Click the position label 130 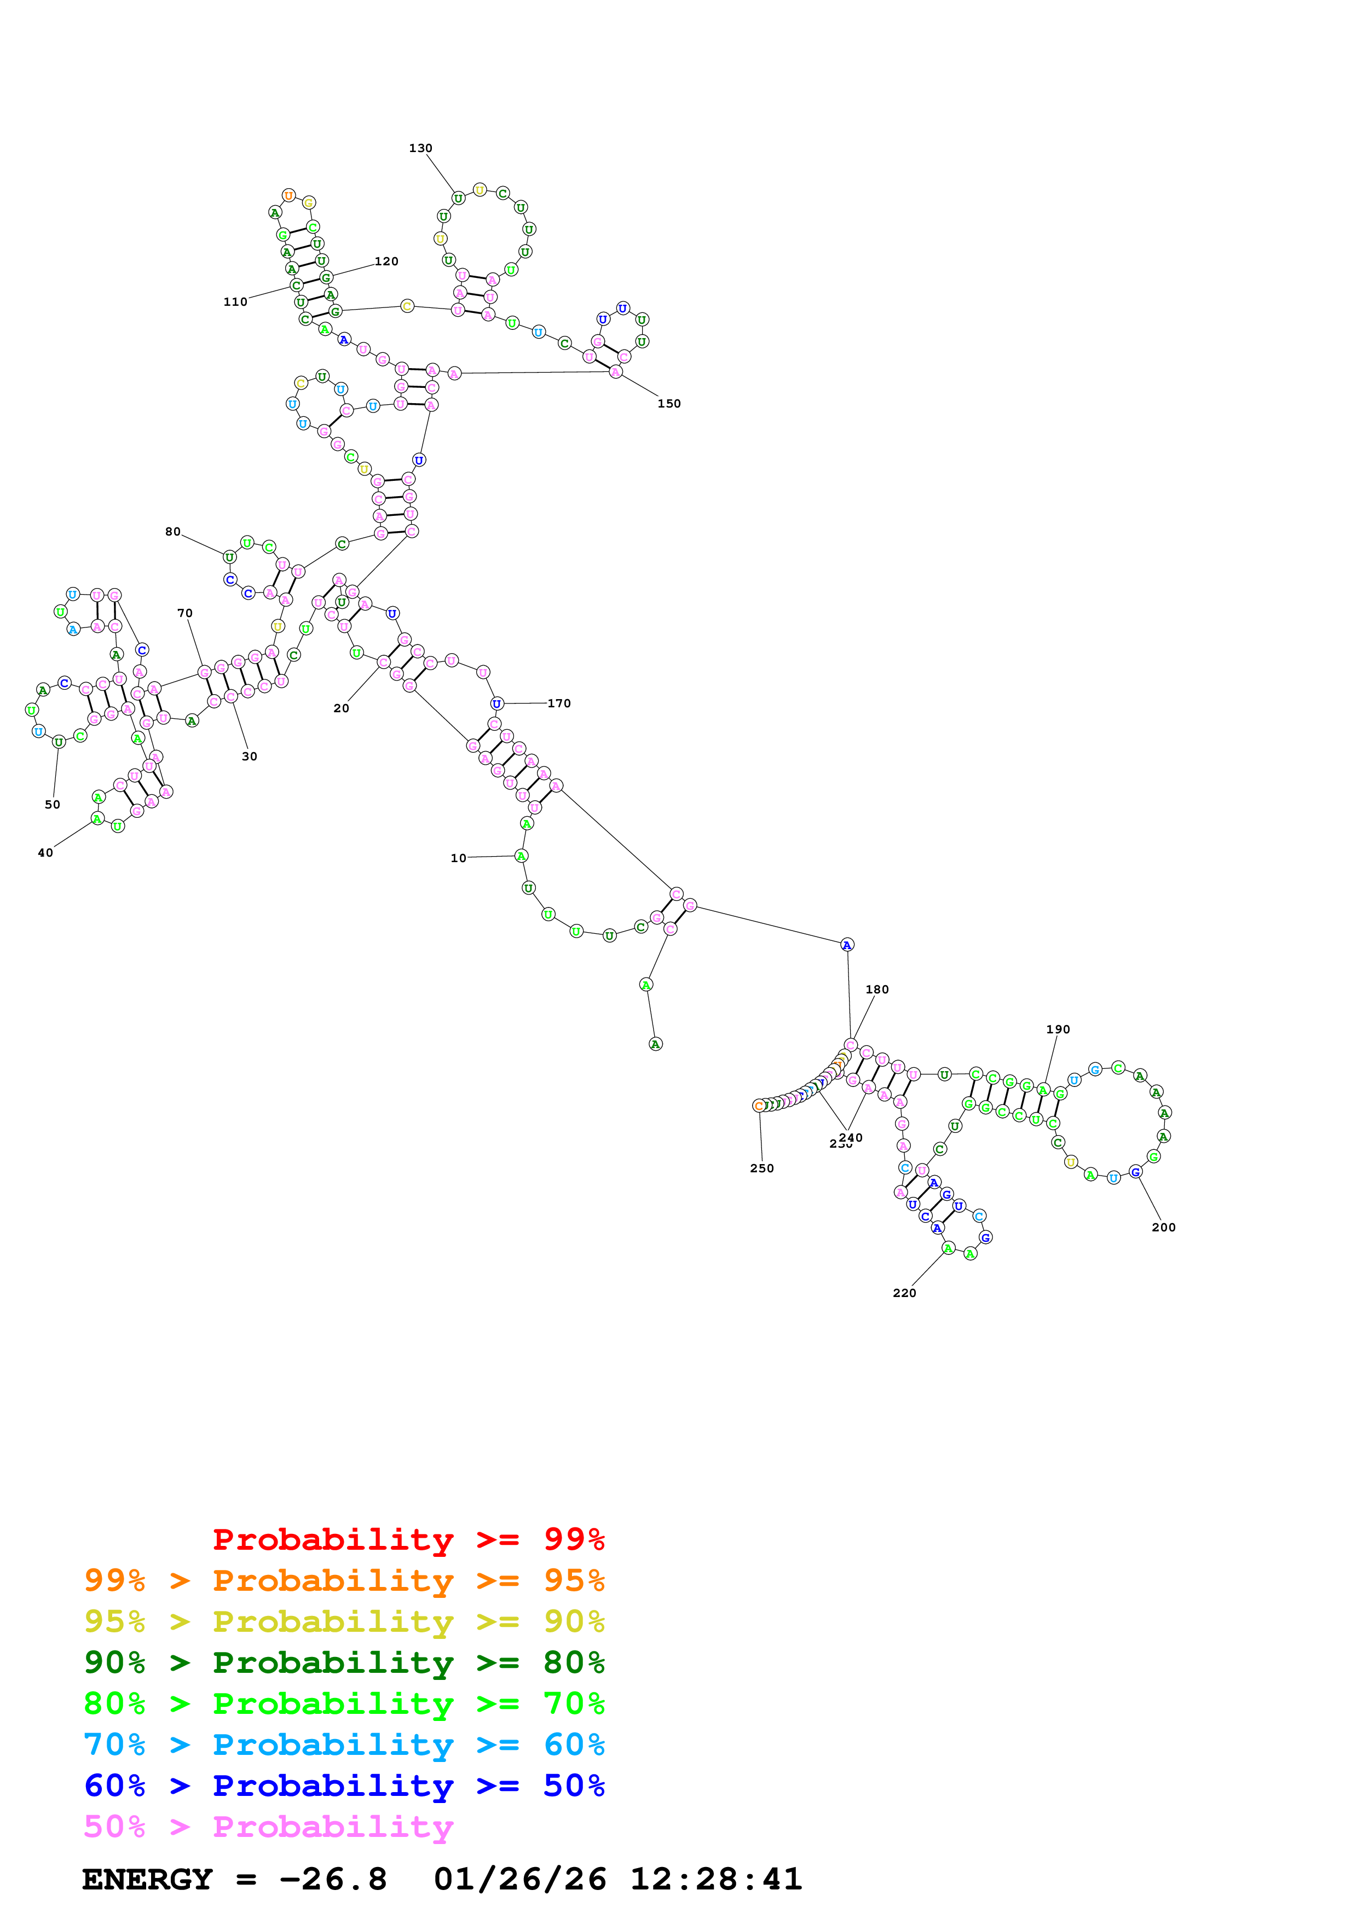click(420, 148)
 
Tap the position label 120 click(386, 261)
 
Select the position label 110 click(235, 302)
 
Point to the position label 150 click(669, 404)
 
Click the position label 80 click(172, 532)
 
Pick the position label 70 click(185, 613)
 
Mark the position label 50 click(53, 805)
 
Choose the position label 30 click(249, 757)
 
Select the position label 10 click(458, 858)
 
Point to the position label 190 click(1058, 1029)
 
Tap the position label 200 click(1163, 1227)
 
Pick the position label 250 click(761, 1168)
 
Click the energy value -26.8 click(333, 1879)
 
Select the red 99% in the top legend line click(574, 1539)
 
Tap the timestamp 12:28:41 click(715, 1879)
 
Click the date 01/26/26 click(520, 1879)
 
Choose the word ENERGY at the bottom click(147, 1879)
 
